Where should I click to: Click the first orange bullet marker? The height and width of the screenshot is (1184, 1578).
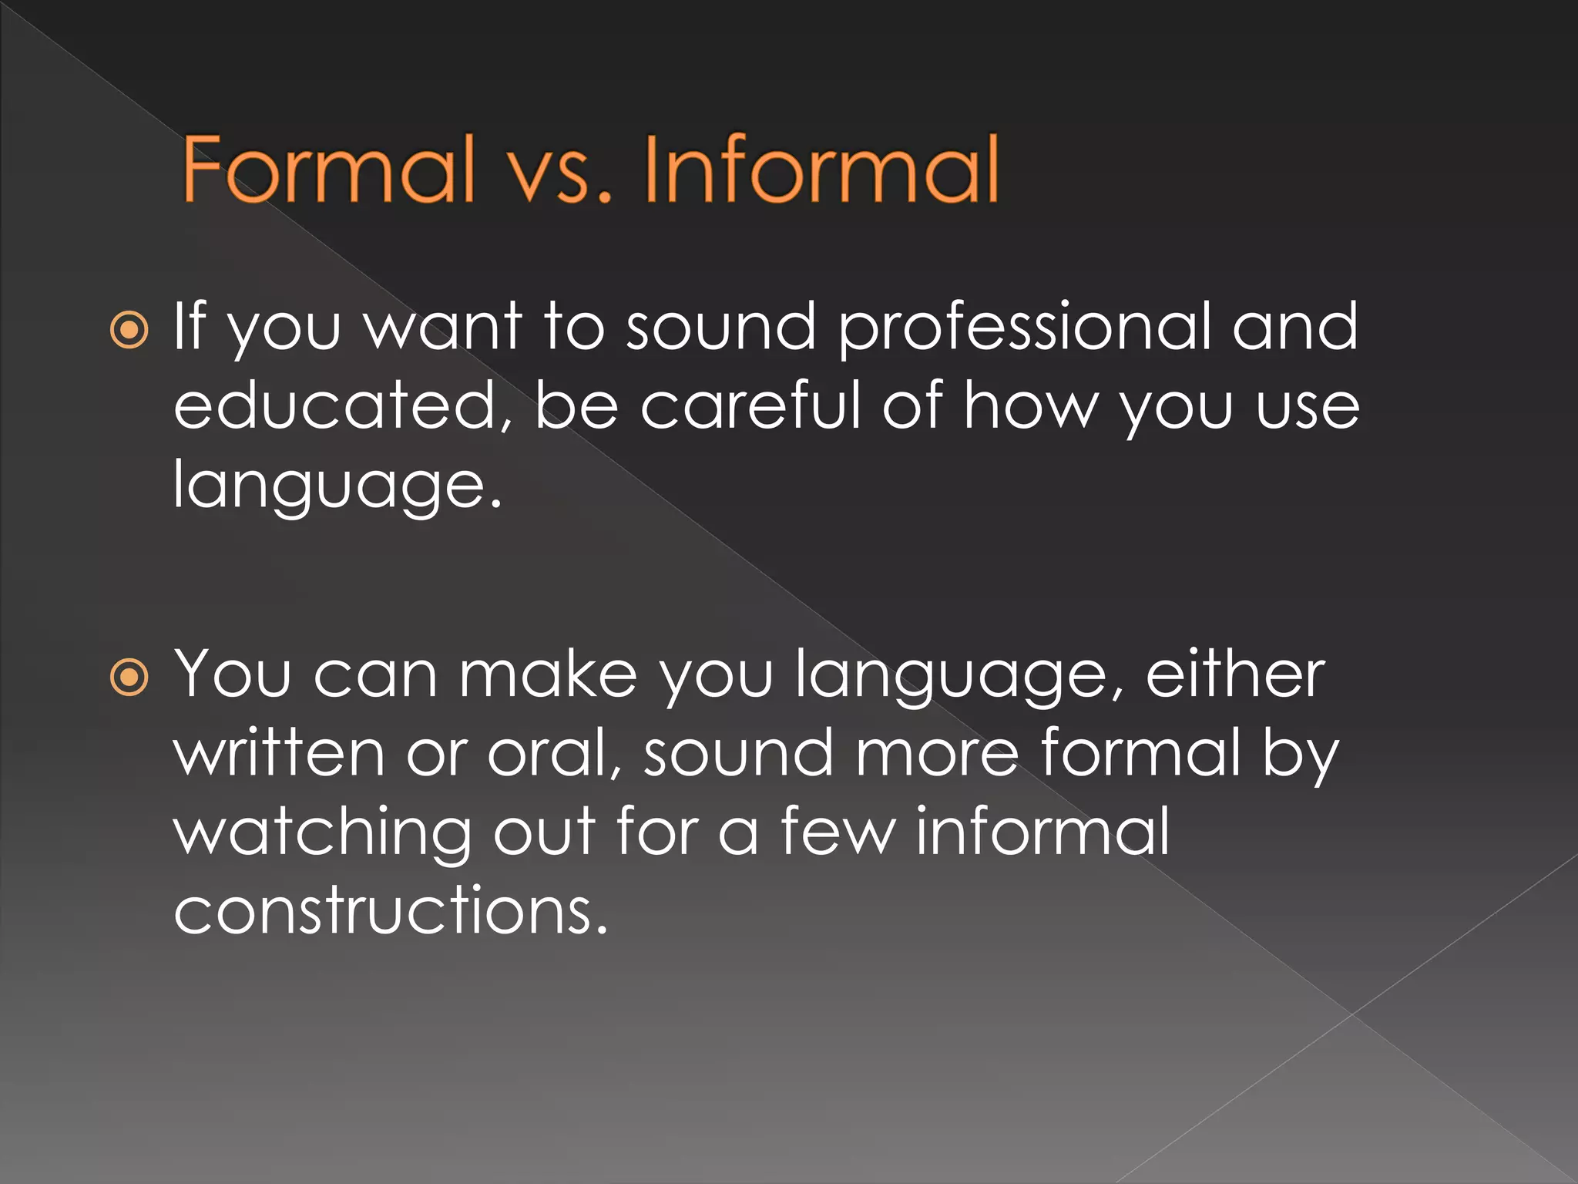(129, 330)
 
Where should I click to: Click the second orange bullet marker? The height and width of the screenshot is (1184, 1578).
(129, 678)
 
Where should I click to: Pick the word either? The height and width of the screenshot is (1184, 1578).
(1235, 674)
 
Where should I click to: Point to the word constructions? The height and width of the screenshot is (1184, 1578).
(390, 910)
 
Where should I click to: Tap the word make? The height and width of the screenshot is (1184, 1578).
(548, 674)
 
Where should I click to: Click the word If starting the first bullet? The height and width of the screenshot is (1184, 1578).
(190, 327)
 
